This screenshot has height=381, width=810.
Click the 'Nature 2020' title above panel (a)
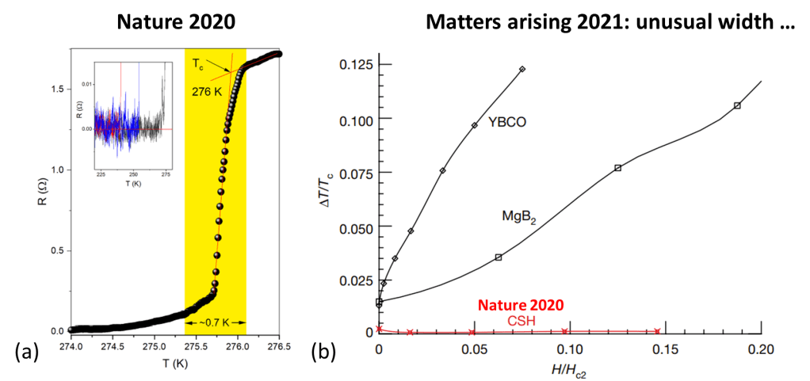pyautogui.click(x=176, y=18)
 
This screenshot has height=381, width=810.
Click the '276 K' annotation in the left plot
pyautogui.click(x=206, y=91)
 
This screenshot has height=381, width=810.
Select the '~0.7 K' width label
pyautogui.click(x=216, y=323)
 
